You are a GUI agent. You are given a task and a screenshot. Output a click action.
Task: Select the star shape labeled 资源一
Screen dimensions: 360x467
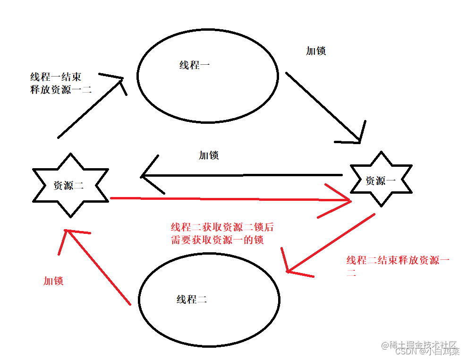(381, 180)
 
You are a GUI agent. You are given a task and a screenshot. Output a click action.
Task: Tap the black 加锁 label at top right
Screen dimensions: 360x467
(316, 51)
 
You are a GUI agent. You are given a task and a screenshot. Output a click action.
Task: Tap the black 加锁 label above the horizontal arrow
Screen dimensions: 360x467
(209, 155)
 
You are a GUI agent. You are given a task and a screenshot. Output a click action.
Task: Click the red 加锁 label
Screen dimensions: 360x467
(53, 281)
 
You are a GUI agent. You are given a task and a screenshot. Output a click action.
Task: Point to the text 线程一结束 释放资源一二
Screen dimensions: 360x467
(60, 83)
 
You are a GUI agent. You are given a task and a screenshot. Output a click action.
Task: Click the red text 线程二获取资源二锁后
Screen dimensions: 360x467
(222, 227)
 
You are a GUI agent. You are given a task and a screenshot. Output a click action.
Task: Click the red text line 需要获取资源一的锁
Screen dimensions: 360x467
(217, 240)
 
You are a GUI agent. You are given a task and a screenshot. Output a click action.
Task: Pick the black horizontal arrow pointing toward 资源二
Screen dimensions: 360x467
(241, 176)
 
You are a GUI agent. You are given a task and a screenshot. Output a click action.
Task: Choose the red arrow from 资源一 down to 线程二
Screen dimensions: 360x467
(331, 243)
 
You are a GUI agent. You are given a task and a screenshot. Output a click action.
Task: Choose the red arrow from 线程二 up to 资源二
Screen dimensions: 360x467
(97, 267)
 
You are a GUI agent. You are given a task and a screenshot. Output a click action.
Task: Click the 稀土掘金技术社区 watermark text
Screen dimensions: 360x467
(420, 345)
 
